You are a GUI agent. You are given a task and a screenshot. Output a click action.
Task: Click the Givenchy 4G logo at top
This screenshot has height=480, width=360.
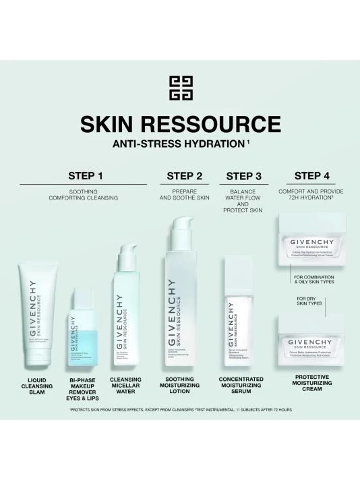tap(180, 88)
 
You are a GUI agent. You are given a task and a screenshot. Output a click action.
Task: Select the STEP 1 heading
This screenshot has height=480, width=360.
tap(86, 176)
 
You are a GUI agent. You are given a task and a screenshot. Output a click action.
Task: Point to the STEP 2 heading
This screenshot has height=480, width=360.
tap(185, 177)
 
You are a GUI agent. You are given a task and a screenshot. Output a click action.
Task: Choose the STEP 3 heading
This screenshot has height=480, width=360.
tap(243, 177)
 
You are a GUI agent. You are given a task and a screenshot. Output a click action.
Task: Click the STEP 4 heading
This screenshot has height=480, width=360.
tap(312, 176)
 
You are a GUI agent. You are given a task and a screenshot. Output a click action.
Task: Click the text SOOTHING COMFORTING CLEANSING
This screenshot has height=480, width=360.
tap(84, 195)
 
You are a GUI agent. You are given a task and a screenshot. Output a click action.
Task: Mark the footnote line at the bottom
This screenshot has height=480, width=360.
tap(180, 409)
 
